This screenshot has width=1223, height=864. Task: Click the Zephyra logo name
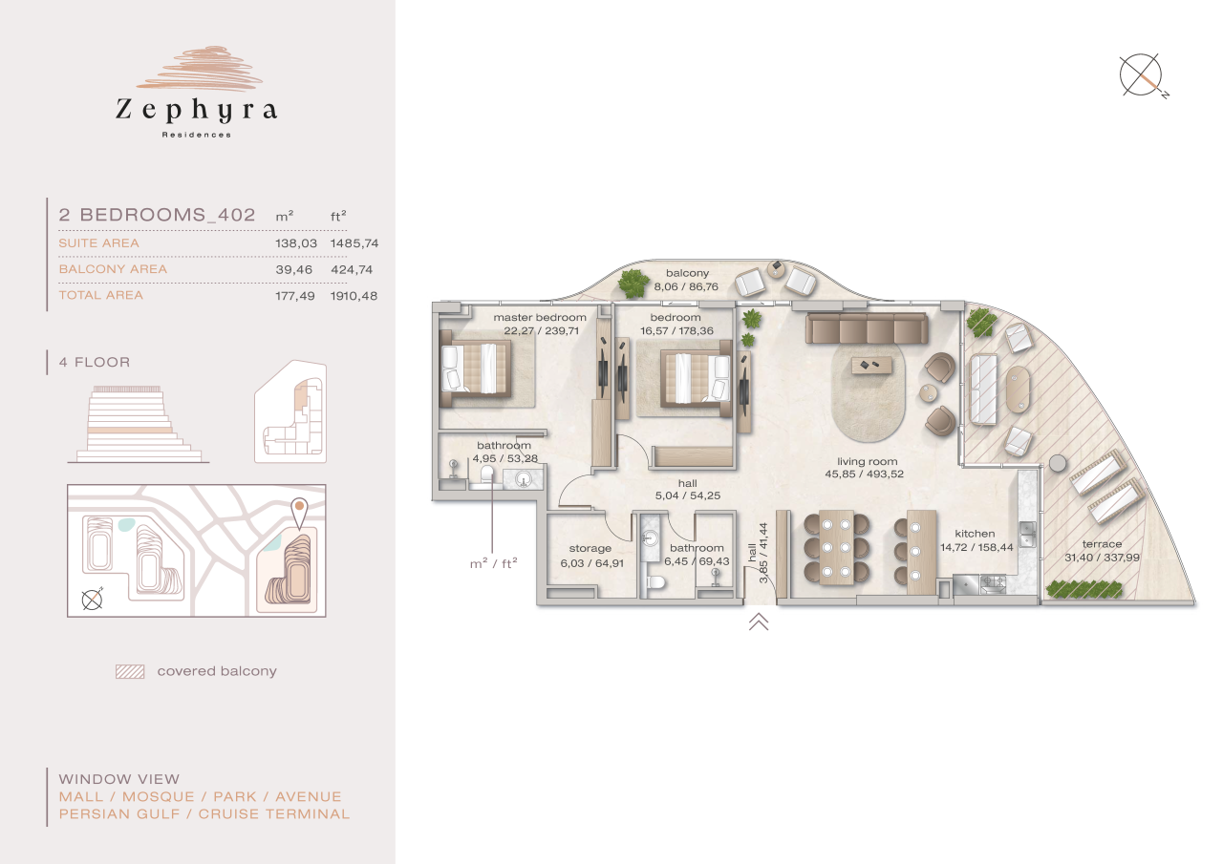[x=196, y=111]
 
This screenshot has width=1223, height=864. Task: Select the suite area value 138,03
[x=295, y=243]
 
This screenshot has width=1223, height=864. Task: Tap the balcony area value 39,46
[x=295, y=269]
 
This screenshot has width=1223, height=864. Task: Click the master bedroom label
[x=540, y=317]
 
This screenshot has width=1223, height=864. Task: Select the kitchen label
[x=975, y=534]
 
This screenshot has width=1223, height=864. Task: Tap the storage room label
[x=590, y=548]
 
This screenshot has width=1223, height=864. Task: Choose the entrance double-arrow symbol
[x=759, y=622]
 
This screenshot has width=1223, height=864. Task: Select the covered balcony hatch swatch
[x=129, y=671]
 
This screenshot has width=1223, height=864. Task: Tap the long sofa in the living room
[x=866, y=328]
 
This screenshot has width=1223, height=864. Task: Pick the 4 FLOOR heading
[x=94, y=363]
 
